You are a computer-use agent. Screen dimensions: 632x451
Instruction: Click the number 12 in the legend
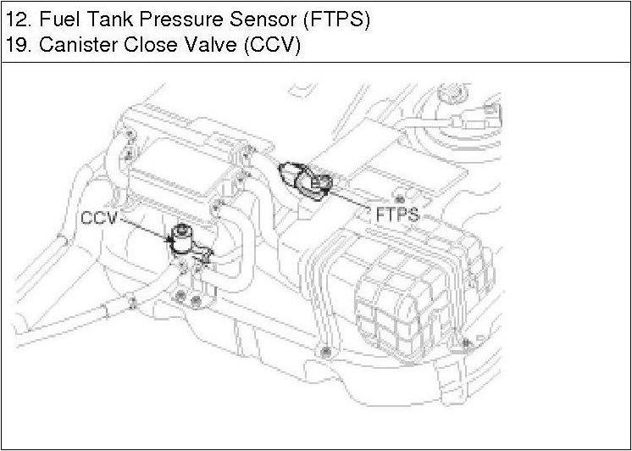[15, 20]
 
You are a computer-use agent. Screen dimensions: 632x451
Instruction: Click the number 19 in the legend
[15, 46]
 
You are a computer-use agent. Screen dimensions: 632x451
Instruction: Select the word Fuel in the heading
[55, 20]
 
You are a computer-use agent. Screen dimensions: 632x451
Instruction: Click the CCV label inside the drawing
[100, 219]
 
